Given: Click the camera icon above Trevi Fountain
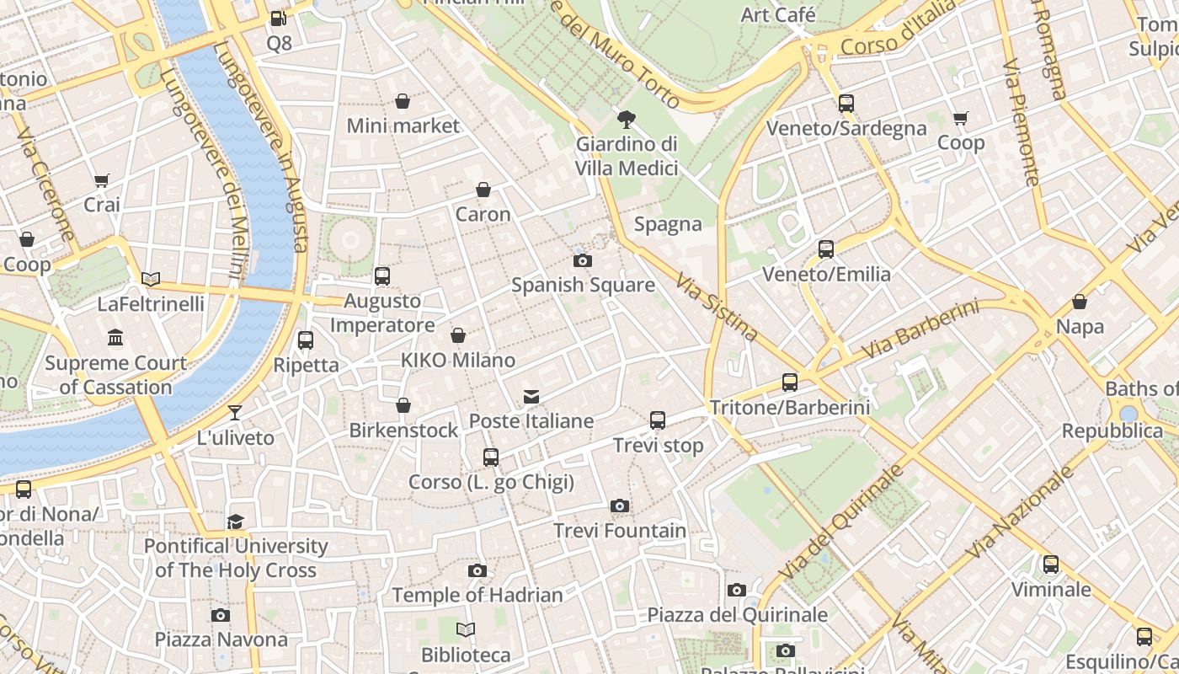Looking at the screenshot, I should [x=620, y=505].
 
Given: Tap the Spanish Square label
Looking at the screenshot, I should [x=583, y=285].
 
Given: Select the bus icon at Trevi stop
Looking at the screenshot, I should [x=658, y=420].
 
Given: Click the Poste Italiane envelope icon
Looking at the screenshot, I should [x=531, y=396].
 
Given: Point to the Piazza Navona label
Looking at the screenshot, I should [x=221, y=639].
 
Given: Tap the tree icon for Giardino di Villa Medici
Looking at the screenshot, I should [x=627, y=119].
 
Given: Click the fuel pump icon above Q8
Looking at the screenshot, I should [x=278, y=18].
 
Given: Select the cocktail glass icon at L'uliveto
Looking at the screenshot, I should [x=235, y=413].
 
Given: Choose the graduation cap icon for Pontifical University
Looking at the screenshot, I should [x=236, y=522].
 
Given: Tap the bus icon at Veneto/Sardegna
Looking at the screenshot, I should [x=846, y=104].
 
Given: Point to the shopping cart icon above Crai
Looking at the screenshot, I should [x=102, y=179].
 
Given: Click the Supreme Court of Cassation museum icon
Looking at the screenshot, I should [x=115, y=338].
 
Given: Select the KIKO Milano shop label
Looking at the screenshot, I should [x=457, y=361].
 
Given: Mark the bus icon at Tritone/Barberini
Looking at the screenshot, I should [x=790, y=382].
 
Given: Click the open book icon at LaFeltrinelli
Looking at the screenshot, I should [x=151, y=279].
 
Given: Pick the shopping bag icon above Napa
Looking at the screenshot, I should [x=1080, y=302].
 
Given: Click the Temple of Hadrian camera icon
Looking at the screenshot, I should [x=477, y=570].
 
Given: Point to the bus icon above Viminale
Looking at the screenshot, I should [x=1051, y=564].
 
